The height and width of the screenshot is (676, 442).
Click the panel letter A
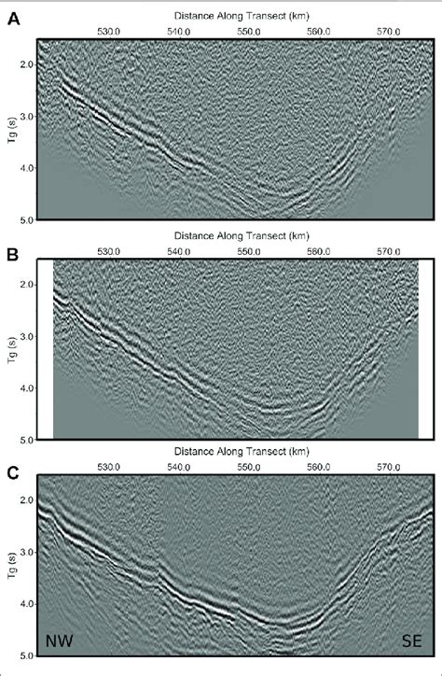[14, 18]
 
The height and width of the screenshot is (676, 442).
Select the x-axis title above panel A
[240, 17]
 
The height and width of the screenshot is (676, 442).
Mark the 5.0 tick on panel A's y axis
[25, 220]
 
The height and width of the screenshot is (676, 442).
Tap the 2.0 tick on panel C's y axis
[25, 500]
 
